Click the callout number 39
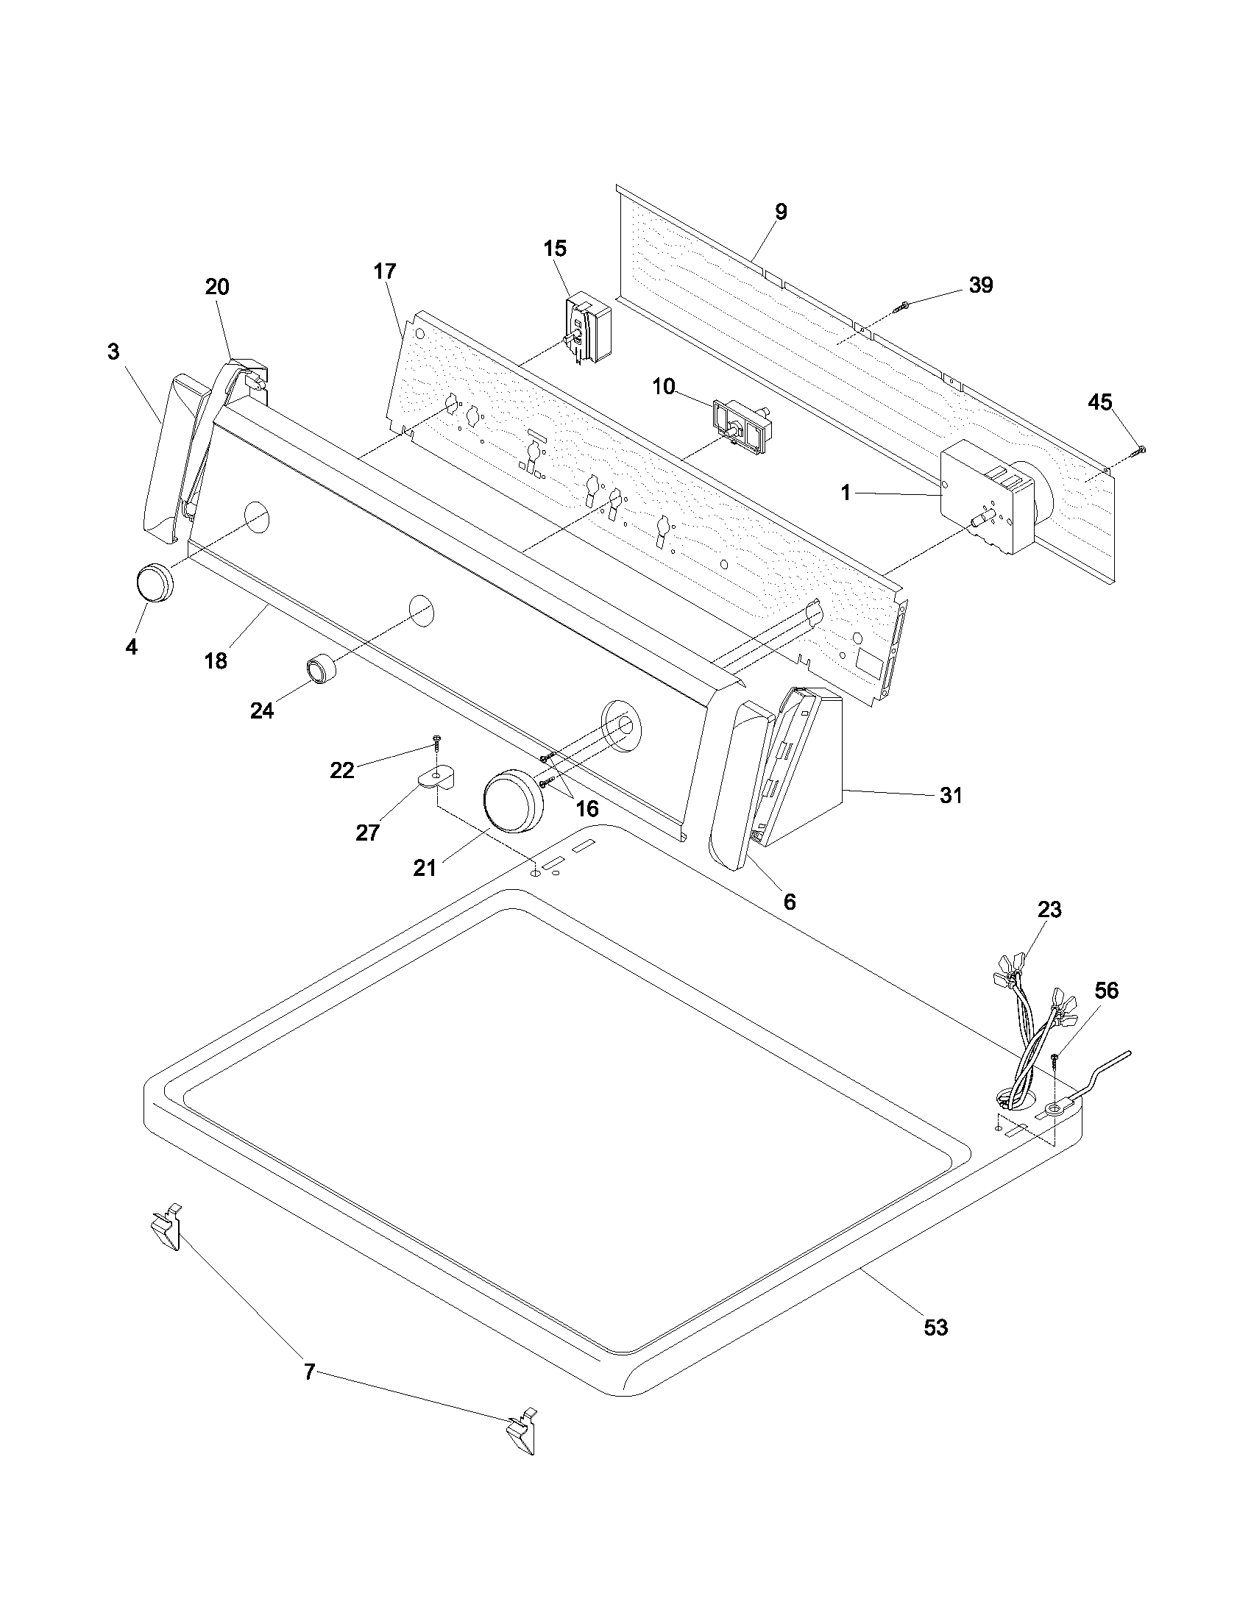point(980,285)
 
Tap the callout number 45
point(1100,402)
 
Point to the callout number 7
point(310,1373)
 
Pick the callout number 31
point(951,796)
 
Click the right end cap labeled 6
point(742,785)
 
